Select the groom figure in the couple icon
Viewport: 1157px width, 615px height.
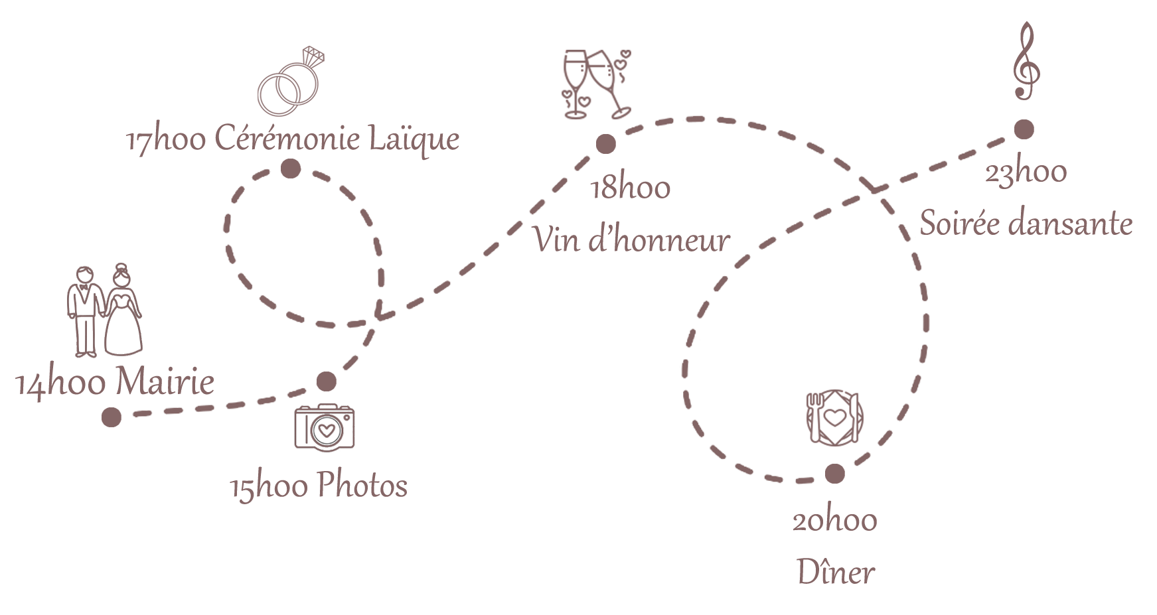point(84,312)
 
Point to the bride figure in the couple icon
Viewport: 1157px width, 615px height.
point(123,312)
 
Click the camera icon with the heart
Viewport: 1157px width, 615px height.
point(324,427)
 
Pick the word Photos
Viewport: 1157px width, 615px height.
point(362,486)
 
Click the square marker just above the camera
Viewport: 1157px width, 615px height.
point(327,381)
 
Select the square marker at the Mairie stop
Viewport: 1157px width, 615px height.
point(112,417)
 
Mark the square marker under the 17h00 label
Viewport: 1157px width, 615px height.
point(290,169)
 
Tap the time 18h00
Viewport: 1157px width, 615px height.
point(631,188)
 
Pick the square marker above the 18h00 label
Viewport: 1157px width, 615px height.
point(605,144)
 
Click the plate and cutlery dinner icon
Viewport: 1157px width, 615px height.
point(835,417)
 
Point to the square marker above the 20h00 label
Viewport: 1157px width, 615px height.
point(835,474)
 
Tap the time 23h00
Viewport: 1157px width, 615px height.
point(1026,173)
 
